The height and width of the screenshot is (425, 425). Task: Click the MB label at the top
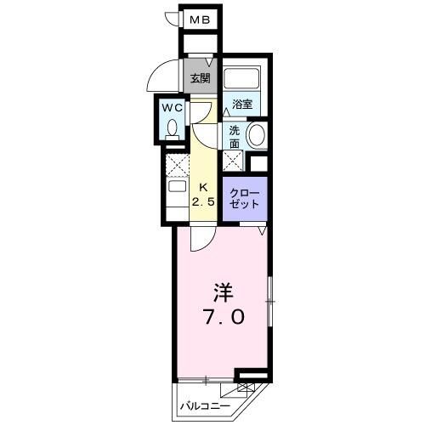[x=200, y=19]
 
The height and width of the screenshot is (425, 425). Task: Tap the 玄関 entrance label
[x=201, y=79]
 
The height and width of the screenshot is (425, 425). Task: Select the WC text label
[x=173, y=108]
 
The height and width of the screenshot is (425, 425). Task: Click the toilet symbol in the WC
[x=173, y=128]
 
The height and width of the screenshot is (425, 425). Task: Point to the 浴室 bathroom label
[x=242, y=105]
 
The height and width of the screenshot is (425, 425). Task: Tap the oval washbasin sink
[x=256, y=133]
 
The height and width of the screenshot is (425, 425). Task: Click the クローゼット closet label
[x=245, y=198]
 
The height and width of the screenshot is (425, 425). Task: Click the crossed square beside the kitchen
[x=177, y=164]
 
